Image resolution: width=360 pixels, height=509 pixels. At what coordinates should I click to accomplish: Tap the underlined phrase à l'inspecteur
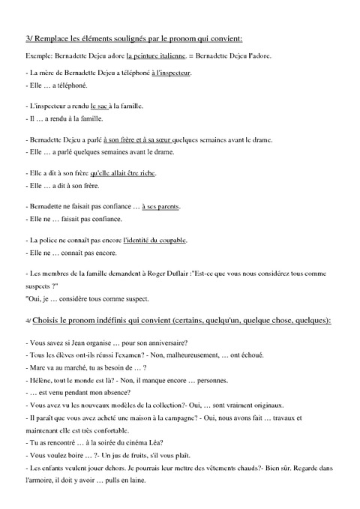171,73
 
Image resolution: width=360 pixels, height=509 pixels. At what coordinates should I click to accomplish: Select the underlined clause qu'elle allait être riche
124,172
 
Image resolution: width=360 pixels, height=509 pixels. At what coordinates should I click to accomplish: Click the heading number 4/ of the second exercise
28,320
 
